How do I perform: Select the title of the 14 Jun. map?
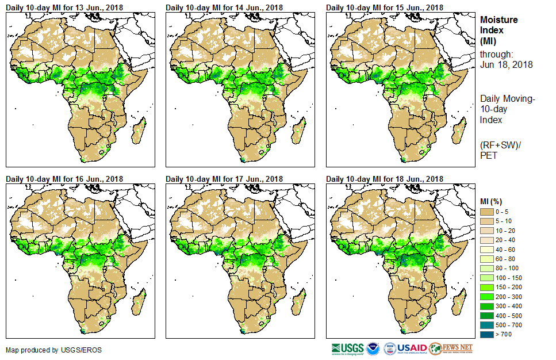click(224, 7)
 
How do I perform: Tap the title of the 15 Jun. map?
click(385, 7)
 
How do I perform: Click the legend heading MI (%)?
click(493, 201)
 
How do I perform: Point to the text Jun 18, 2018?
click(506, 64)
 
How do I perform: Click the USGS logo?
click(348, 348)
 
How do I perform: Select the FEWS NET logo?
click(451, 348)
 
